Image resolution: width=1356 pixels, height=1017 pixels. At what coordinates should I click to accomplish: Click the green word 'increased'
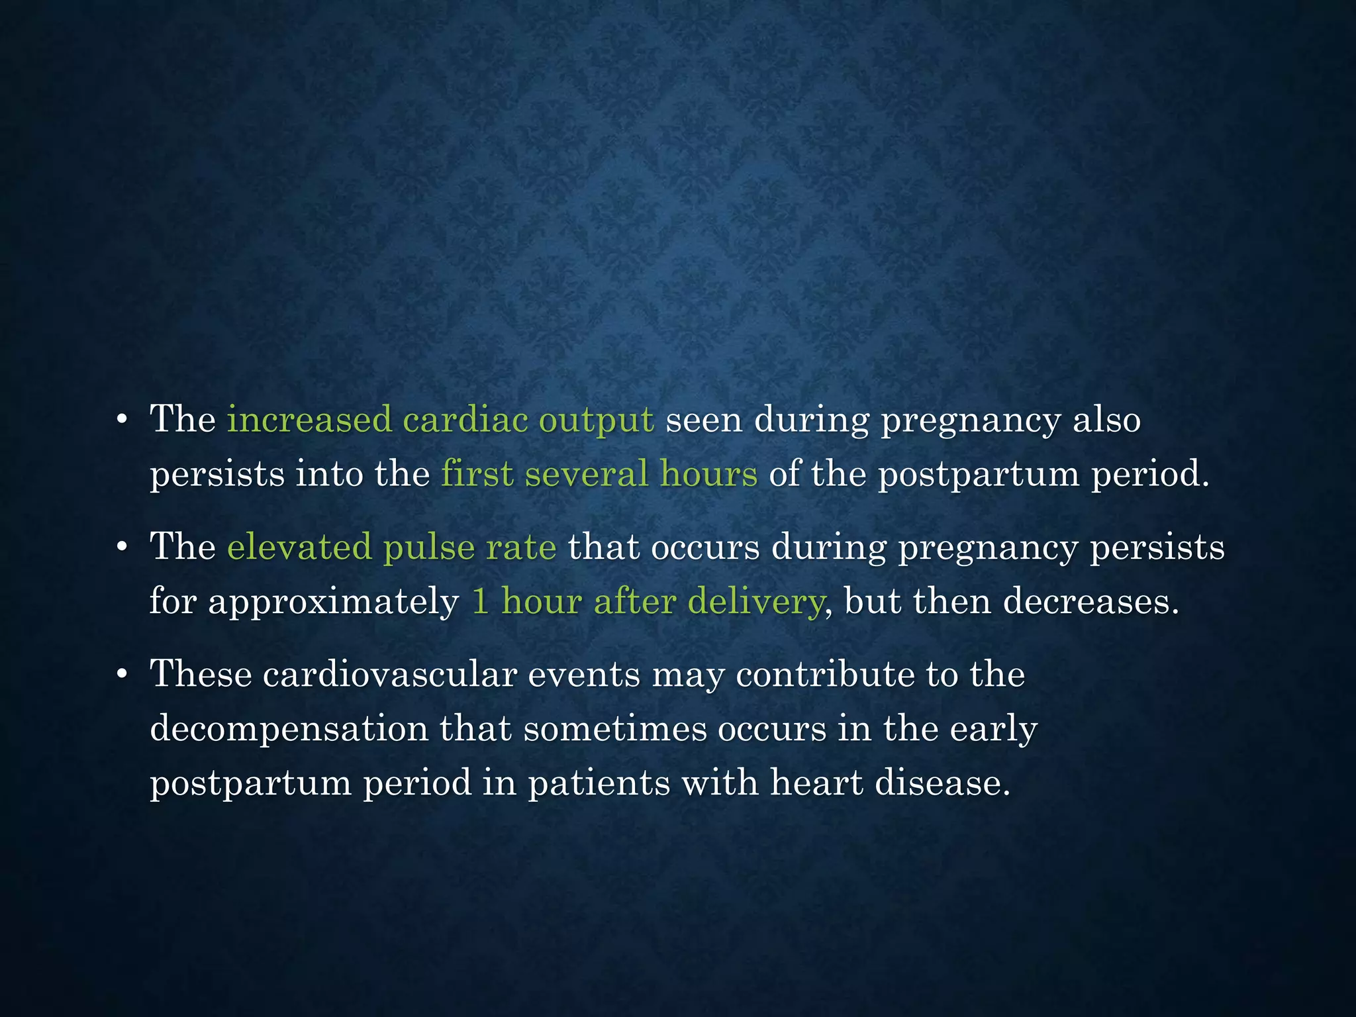pos(309,420)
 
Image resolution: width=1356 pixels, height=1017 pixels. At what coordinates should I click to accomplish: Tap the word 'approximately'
pos(333,603)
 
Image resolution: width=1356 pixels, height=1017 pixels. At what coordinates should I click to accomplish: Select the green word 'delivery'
pos(755,603)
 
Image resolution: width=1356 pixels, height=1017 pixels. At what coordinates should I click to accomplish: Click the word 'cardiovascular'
pos(389,674)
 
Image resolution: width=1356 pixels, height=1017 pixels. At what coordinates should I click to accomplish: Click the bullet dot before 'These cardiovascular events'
pos(121,675)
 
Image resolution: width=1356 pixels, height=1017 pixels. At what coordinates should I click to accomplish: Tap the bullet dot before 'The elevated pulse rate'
pos(121,548)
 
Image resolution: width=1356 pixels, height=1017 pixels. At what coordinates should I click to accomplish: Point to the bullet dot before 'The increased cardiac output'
pos(121,420)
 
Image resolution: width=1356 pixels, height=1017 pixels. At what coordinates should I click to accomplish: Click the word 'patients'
pos(599,784)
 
